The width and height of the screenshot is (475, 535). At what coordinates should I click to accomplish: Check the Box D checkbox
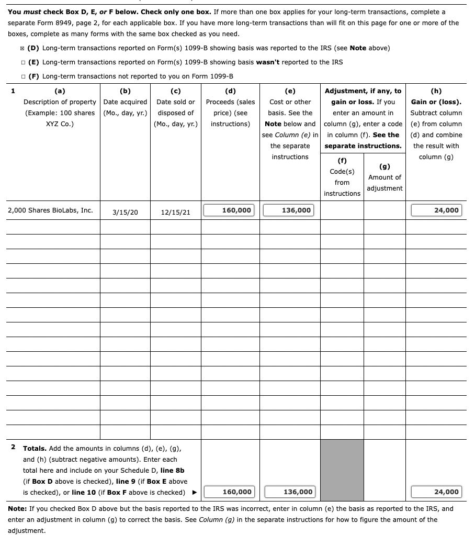(22, 48)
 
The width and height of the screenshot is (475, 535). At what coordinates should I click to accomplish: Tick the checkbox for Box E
(22, 62)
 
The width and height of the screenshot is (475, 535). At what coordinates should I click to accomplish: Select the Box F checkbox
(22, 76)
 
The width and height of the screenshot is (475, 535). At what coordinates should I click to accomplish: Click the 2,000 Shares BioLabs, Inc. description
(51, 210)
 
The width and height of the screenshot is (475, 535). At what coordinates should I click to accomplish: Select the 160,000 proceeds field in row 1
(230, 210)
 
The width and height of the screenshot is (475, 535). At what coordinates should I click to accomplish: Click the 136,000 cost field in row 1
(289, 210)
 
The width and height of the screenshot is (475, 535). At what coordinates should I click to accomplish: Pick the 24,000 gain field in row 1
(436, 210)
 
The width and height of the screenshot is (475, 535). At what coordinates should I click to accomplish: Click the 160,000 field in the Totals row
(230, 492)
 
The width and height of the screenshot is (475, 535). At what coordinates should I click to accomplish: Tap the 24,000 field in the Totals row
(436, 492)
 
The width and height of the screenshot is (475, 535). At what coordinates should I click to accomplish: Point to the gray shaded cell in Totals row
(342, 470)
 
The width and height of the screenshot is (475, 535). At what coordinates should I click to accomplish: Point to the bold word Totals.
(35, 449)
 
